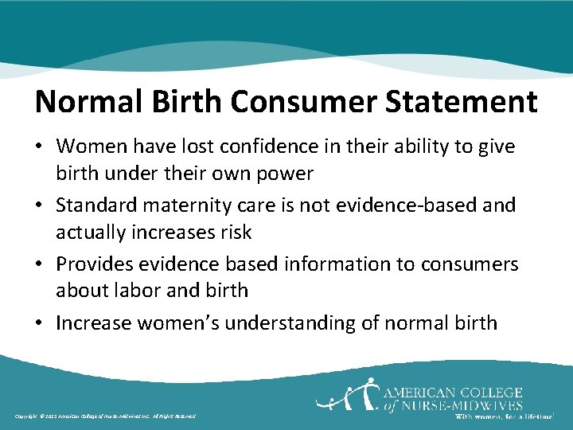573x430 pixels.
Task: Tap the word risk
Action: point(235,232)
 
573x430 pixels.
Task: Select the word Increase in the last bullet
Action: point(95,323)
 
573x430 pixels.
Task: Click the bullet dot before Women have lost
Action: point(40,147)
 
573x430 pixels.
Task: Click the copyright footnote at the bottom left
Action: point(104,416)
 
